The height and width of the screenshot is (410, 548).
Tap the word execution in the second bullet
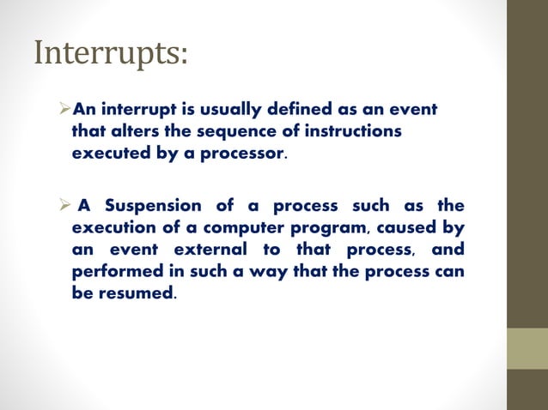pos(110,229)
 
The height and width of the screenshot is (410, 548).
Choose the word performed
pos(113,273)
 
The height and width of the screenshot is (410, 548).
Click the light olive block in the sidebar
pos(527,348)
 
